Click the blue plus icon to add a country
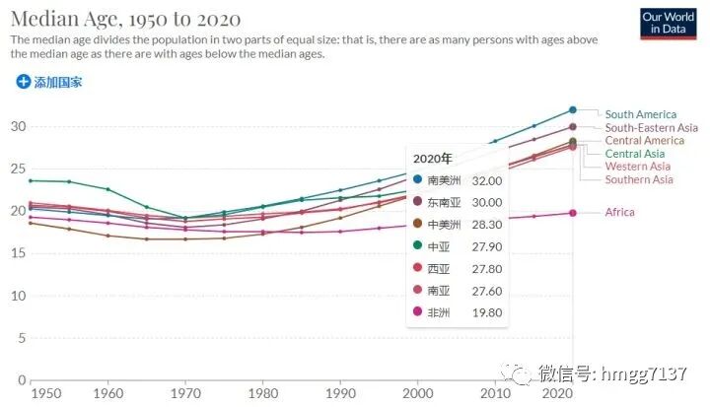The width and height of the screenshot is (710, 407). click(24, 82)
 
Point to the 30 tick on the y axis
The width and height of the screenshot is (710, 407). click(17, 126)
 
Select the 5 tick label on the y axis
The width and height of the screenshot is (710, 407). click(21, 338)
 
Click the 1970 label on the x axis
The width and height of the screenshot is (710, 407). click(184, 394)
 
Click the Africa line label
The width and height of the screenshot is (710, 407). click(619, 212)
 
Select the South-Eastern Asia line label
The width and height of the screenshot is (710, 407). click(651, 128)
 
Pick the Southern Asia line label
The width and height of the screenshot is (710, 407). click(639, 179)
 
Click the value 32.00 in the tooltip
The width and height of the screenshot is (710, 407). click(486, 180)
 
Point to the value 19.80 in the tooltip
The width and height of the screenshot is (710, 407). click(486, 312)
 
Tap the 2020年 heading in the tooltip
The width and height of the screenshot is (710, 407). click(433, 158)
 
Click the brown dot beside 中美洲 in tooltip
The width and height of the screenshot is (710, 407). click(418, 225)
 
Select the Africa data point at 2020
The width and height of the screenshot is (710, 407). click(573, 213)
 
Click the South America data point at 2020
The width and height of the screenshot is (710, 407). click(573, 109)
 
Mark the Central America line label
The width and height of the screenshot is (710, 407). click(644, 141)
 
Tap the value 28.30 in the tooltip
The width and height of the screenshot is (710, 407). click(486, 225)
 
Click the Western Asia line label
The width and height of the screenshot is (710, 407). click(638, 167)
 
